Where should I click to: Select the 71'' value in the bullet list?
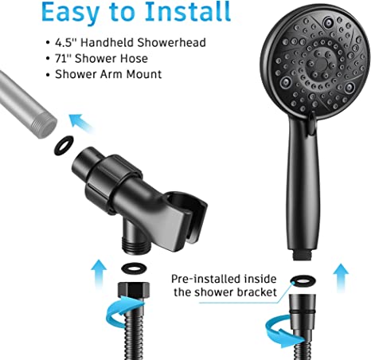coord(63,58)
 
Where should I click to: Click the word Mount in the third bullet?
coord(143,74)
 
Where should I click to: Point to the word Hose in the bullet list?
coord(134,58)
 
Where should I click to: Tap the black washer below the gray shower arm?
coord(64,146)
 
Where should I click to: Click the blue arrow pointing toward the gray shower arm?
coord(80,122)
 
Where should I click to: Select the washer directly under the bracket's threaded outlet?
coord(134,268)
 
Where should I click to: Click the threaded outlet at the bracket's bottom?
coord(136,245)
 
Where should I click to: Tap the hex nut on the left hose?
coord(133,290)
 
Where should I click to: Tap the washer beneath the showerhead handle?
coord(303,280)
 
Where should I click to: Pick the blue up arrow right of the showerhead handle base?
coord(341,278)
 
